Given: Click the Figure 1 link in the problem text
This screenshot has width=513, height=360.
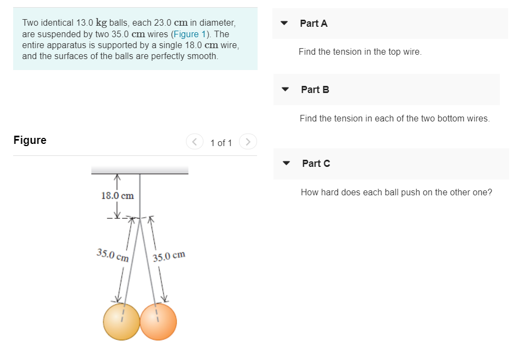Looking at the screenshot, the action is pos(189,34).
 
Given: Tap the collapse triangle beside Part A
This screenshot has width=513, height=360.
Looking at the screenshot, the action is pos(284,23).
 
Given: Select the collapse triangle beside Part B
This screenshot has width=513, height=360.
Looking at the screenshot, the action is pos(285,89).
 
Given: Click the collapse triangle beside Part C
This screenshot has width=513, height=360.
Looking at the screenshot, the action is pos(286,163).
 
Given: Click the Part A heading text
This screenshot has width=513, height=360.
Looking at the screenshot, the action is pos(314,24).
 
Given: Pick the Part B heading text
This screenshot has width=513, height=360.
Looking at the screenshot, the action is pos(315,90).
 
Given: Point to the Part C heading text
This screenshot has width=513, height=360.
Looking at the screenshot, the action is pos(316,164).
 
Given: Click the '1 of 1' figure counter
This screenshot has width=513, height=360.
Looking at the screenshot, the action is pos(221,143).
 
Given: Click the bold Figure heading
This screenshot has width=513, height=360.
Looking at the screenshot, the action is pos(30,140).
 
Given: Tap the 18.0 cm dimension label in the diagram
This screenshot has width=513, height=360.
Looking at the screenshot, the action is pos(118,196).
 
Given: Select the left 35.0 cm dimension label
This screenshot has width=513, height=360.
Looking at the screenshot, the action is pos(113,255).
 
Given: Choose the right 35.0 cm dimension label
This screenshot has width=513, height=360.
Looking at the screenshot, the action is pos(169,256).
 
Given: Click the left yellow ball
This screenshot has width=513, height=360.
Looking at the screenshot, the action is pos(121,322).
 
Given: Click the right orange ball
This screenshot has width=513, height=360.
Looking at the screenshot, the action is pos(159,322).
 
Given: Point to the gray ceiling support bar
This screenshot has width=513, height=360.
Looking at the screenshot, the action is pos(139,170).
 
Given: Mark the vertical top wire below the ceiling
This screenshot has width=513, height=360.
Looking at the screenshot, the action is pos(140,196).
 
